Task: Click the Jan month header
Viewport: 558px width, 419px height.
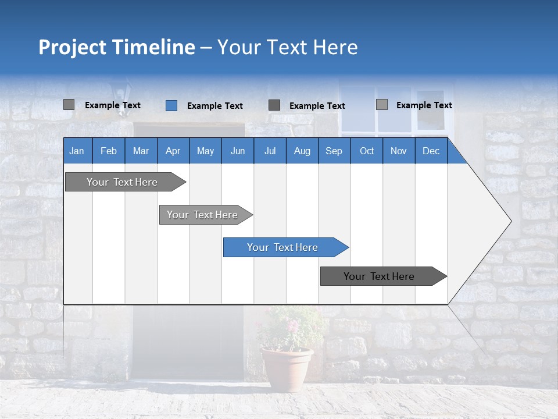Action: point(77,151)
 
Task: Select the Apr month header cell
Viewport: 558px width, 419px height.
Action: point(173,151)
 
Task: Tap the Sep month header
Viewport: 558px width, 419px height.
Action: point(334,151)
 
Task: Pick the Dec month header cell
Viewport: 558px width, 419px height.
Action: point(431,151)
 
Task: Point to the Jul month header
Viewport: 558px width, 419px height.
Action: point(270,151)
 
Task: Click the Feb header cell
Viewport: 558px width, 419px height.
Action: point(109,151)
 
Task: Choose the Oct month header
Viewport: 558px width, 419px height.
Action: point(367,151)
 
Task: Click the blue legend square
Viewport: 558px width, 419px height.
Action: point(171,105)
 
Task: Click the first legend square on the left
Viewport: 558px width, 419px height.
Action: point(69,105)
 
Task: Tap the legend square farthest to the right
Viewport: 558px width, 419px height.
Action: point(381,105)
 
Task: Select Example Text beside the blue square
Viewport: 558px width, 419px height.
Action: point(214,106)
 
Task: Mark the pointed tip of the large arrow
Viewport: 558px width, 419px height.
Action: point(510,221)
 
